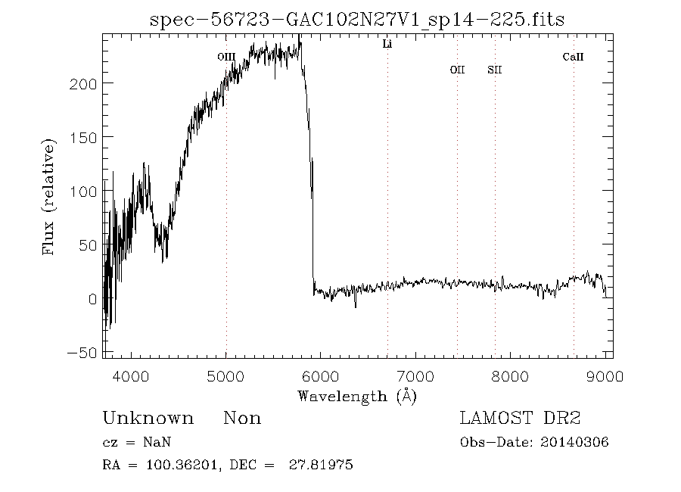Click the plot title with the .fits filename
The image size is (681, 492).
coord(357,19)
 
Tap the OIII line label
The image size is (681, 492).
coord(226,57)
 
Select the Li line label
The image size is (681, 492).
coord(387,45)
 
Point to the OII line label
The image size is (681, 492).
coord(457,70)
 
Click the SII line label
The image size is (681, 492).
coord(495,70)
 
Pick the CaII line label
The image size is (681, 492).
coord(574,57)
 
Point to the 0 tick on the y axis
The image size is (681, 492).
coord(92,300)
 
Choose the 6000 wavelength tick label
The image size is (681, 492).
coord(321,375)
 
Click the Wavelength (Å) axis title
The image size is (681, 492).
coord(357,395)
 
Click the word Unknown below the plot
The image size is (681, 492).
coord(148,419)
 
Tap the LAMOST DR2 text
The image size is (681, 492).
coord(520,419)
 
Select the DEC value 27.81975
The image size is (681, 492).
coord(322,466)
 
